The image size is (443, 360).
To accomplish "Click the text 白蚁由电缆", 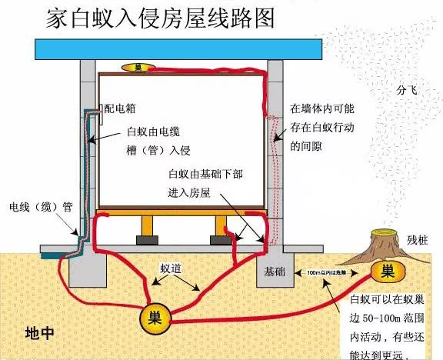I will tap(152, 129).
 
